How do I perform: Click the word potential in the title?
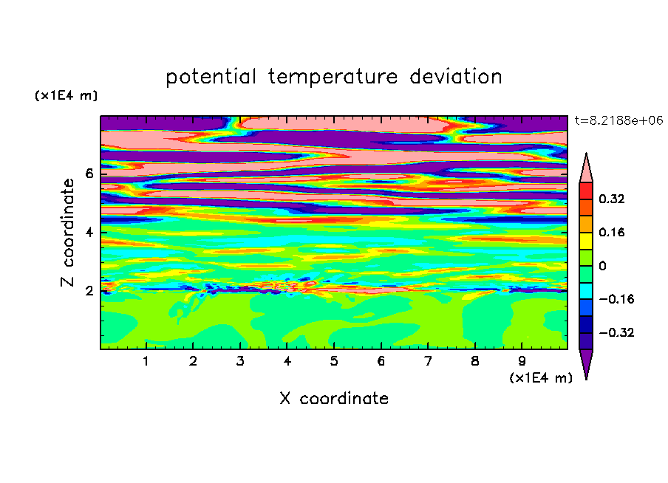tap(211, 78)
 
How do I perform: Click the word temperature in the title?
tap(333, 78)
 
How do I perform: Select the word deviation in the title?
tap(456, 77)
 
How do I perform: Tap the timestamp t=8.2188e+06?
tap(619, 120)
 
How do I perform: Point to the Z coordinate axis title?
tap(67, 233)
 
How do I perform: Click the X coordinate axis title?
tap(334, 399)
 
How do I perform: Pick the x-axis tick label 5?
tap(334, 361)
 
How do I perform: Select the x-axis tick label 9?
tap(522, 361)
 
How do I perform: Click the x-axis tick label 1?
tap(146, 361)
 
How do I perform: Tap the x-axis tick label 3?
tap(240, 361)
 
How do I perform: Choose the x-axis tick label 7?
tap(428, 361)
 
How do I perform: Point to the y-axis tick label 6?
tap(89, 174)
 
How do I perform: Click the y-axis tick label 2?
tap(89, 291)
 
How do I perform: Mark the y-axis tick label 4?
tap(89, 233)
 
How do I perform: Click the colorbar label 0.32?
tap(612, 199)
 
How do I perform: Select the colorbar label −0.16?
tap(616, 299)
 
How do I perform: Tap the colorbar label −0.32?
tap(616, 332)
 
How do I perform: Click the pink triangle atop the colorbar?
tap(586, 170)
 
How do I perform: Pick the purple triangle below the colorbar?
tap(586, 363)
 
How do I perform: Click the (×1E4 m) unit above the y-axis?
tap(66, 95)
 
